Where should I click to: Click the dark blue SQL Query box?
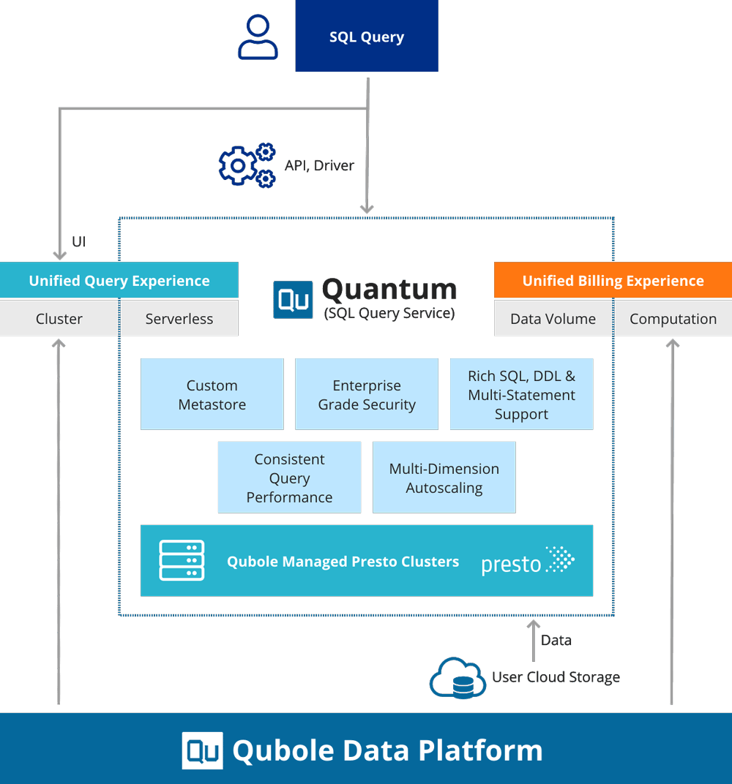tap(366, 37)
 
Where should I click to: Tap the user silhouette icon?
tap(258, 39)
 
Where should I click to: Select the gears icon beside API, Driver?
tap(247, 165)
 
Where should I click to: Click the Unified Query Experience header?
tap(119, 281)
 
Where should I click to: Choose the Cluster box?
tap(59, 319)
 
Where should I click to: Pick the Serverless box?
tap(179, 319)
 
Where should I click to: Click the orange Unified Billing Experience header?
tap(613, 281)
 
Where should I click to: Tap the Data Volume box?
tap(553, 319)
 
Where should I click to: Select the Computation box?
tap(673, 319)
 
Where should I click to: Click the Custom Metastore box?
tap(212, 394)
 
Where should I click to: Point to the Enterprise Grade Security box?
tap(367, 394)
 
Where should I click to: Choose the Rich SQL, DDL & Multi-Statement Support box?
tap(521, 394)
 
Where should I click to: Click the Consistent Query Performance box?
tap(289, 478)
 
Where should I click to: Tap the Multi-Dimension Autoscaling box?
tap(444, 478)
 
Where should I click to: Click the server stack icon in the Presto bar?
tap(182, 561)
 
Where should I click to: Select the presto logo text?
tap(511, 565)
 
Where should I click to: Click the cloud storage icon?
tap(457, 678)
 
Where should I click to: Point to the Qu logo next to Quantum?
tap(293, 300)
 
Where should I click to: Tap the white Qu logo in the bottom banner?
tap(202, 750)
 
